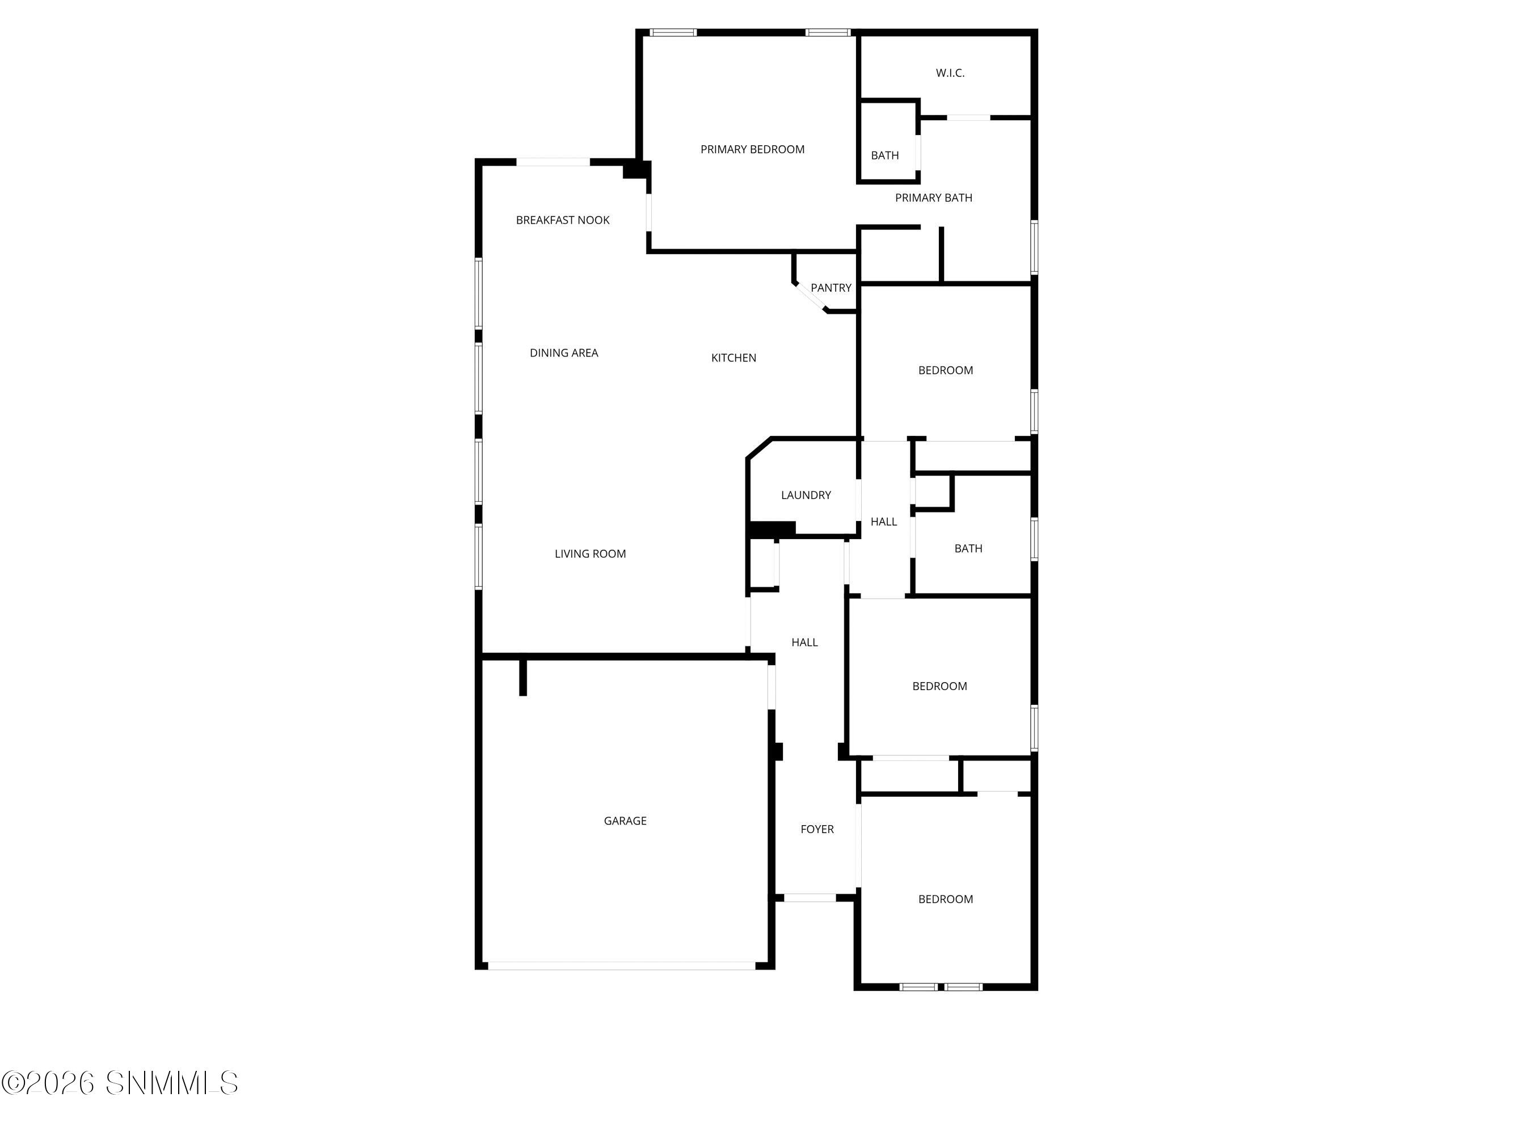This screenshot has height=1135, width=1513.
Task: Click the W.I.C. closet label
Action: pyautogui.click(x=950, y=73)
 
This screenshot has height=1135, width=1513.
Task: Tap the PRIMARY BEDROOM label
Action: pyautogui.click(x=752, y=149)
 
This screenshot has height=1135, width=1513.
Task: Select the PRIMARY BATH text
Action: pyautogui.click(x=934, y=197)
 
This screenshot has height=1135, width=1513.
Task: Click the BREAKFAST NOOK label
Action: pyautogui.click(x=563, y=220)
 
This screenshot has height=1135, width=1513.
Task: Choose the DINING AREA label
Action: pyautogui.click(x=563, y=353)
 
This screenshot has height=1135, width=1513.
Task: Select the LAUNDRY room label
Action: pyautogui.click(x=806, y=495)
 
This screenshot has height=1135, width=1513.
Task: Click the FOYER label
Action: pyautogui.click(x=817, y=829)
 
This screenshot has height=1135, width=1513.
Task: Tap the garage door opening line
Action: pyautogui.click(x=621, y=966)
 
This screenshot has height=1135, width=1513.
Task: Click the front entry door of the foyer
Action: pyautogui.click(x=810, y=898)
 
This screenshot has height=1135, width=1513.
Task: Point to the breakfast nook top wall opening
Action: pyautogui.click(x=553, y=162)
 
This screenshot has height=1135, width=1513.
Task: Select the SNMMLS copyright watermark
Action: pyautogui.click(x=120, y=1083)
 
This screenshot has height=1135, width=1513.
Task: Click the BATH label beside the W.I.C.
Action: pyautogui.click(x=884, y=156)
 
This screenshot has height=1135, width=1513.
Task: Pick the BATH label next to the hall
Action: pyautogui.click(x=968, y=549)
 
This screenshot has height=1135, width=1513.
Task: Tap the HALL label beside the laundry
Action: pyautogui.click(x=884, y=522)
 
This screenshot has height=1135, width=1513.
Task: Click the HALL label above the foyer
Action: pyautogui.click(x=804, y=642)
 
